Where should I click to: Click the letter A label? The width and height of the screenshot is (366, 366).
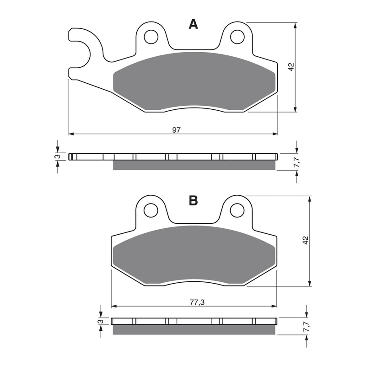click(194, 25)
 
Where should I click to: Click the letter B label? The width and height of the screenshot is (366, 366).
click(193, 200)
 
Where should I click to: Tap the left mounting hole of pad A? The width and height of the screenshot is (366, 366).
click(150, 36)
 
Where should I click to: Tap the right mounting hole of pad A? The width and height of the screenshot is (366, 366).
click(237, 36)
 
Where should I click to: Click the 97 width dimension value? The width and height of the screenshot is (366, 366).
click(176, 130)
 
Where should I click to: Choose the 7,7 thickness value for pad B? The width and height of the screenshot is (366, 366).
click(305, 326)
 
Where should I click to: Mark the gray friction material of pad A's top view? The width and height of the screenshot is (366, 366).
click(194, 82)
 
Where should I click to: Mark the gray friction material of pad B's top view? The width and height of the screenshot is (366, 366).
click(194, 256)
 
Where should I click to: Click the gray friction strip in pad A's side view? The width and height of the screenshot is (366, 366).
click(194, 165)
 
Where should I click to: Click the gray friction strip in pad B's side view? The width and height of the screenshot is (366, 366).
click(194, 330)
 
